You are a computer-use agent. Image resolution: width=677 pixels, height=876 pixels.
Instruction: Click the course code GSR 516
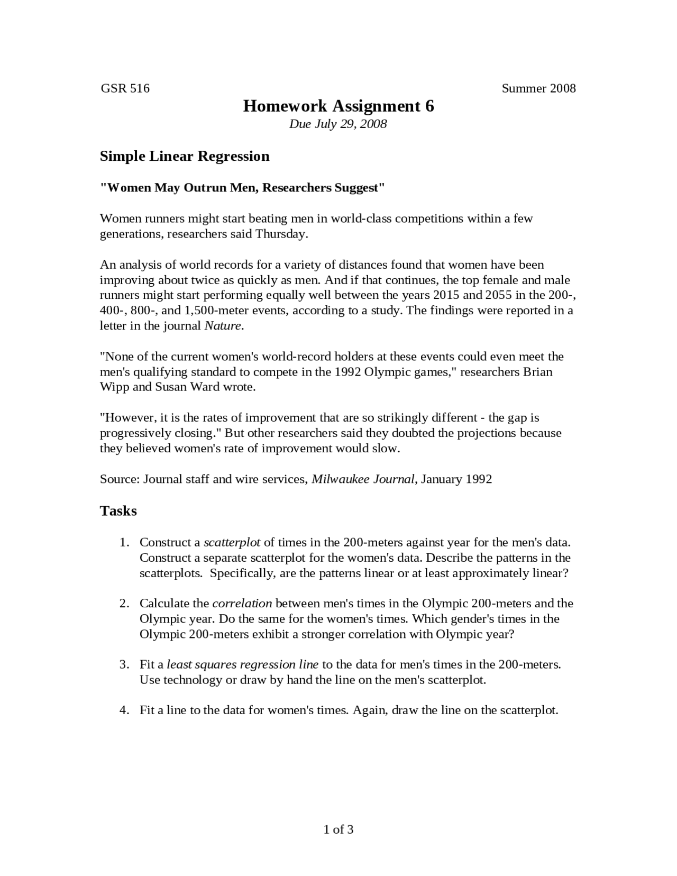[x=125, y=88]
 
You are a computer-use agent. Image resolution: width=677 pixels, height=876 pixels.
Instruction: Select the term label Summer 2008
[x=538, y=88]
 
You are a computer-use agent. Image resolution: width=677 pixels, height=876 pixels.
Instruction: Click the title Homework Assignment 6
[x=338, y=106]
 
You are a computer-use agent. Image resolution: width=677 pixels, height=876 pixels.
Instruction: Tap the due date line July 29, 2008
[x=338, y=124]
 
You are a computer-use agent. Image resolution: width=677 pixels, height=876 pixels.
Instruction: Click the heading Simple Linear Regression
[x=185, y=156]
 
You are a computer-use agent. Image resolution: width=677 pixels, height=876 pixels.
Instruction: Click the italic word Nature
[x=223, y=325]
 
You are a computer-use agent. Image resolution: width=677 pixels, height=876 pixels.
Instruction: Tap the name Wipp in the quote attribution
[x=114, y=387]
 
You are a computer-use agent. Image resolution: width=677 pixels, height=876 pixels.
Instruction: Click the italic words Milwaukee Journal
[x=363, y=479]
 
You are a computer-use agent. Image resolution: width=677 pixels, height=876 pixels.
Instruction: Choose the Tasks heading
[x=118, y=511]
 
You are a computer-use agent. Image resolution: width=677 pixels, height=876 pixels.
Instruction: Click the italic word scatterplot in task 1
[x=232, y=542]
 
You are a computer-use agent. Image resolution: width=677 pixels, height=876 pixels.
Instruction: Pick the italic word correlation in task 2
[x=242, y=603]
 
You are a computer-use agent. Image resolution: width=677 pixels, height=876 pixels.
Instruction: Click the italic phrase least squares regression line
[x=242, y=664]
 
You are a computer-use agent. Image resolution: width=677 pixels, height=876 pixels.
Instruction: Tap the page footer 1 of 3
[x=338, y=829]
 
